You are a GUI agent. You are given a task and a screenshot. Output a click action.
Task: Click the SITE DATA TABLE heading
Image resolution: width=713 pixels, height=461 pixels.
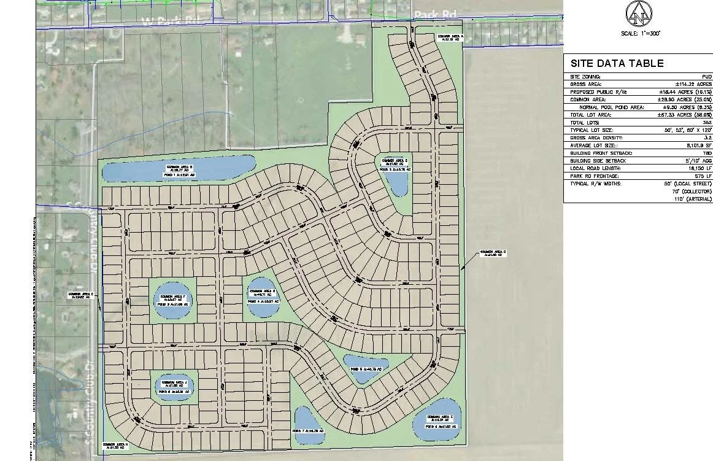[x=617, y=63]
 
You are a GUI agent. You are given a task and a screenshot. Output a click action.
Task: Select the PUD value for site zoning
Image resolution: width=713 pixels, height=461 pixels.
[x=707, y=77]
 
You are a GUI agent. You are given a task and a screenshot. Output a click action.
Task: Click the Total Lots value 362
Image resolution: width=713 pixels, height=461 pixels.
[x=707, y=123]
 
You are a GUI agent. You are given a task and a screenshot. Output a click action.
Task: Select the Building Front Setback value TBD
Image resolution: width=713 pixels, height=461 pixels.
[x=707, y=153]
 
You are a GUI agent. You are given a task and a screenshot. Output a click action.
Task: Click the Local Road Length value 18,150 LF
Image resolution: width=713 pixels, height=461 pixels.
[x=700, y=168]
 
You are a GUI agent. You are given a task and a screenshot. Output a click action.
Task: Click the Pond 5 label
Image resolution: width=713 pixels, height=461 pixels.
[x=366, y=369]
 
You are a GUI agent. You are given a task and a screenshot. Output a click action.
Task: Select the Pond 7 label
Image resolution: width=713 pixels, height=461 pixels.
[x=309, y=432]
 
